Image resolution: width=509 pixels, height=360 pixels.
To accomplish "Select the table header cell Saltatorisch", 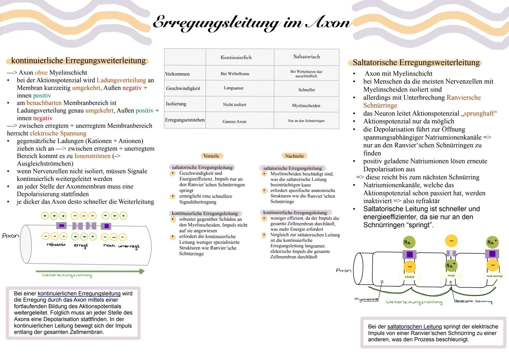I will point(307,57).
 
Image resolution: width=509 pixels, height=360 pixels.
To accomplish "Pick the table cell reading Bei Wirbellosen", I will point(235,74).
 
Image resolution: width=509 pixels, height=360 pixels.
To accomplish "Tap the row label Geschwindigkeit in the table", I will point(183,88).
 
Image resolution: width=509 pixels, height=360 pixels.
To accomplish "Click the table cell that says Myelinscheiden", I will point(306,106).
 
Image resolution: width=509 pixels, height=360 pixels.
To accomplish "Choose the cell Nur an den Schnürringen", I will point(306,121).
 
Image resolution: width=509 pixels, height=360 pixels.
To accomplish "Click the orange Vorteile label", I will point(211,156).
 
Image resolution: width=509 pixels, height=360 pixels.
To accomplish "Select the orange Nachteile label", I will point(294,156).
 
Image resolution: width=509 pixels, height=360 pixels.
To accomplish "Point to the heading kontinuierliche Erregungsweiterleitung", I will point(78,61).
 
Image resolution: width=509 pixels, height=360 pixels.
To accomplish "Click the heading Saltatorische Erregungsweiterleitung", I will point(416,63).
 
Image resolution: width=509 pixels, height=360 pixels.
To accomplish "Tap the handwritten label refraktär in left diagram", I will point(56,245).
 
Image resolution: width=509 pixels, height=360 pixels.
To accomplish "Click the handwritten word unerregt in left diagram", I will point(129,247).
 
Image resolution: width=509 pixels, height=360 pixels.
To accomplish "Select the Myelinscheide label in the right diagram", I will point(366,299).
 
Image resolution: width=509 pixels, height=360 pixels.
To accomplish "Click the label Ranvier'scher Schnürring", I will point(473,301).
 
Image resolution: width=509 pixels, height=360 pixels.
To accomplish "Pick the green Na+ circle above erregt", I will point(451,266).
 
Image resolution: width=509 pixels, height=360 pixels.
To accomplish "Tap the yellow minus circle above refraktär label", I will point(410,267).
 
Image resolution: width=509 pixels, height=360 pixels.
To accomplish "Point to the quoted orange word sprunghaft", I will point(479,113).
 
